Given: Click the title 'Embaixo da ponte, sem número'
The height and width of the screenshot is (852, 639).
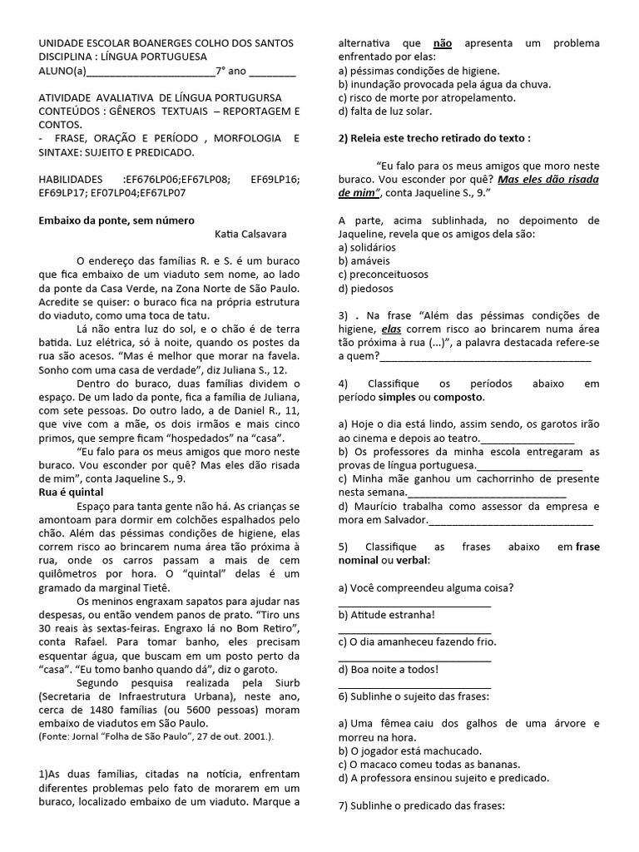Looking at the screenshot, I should tap(116, 220).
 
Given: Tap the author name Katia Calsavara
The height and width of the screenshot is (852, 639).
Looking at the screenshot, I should tap(257, 235).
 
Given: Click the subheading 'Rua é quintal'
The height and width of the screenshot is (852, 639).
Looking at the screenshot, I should tap(72, 493).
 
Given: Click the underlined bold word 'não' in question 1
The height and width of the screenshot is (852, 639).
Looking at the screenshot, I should tap(443, 42).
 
